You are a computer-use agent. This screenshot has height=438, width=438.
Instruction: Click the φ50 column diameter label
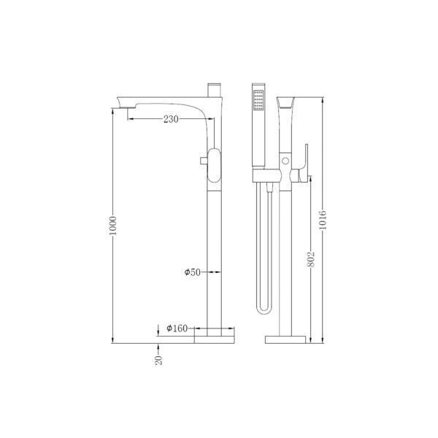tap(192, 272)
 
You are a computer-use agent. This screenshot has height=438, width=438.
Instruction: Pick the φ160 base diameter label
tap(178, 329)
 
